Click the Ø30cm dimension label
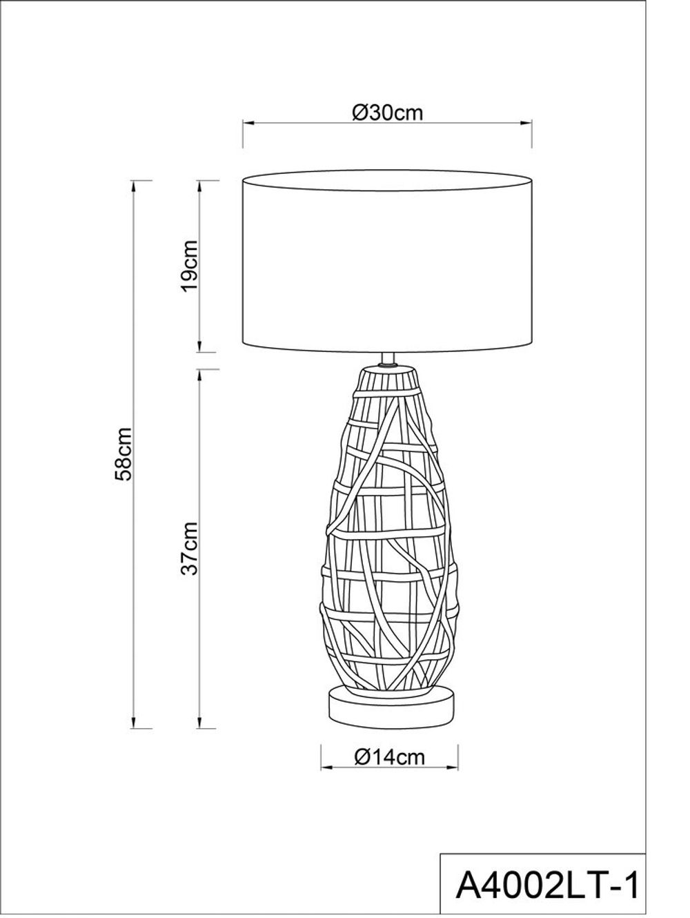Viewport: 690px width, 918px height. (386, 113)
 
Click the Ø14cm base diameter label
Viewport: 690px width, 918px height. (389, 756)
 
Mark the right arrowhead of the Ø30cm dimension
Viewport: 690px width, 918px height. (528, 124)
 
